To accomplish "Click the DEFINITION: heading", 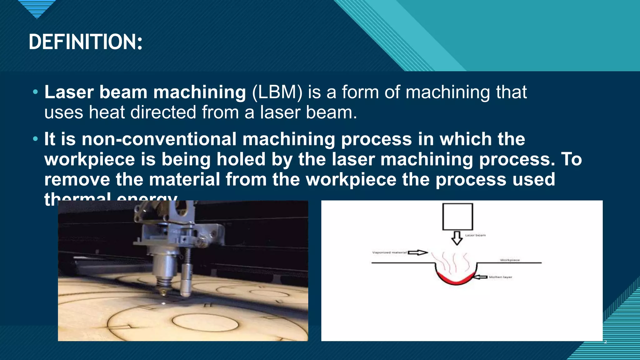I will click(85, 42).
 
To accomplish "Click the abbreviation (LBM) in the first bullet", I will click(277, 92).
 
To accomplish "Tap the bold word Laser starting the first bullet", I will click(69, 92).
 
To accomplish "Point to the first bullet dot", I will click(35, 92).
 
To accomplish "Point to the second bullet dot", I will click(35, 138).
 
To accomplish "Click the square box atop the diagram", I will click(457, 217).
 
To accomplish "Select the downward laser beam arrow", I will click(457, 238).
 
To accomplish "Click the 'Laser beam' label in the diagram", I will click(475, 235).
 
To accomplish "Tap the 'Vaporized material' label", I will click(389, 252).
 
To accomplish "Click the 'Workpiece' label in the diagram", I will click(510, 260).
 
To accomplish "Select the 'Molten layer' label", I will click(500, 277).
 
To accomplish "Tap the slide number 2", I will click(605, 342).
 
